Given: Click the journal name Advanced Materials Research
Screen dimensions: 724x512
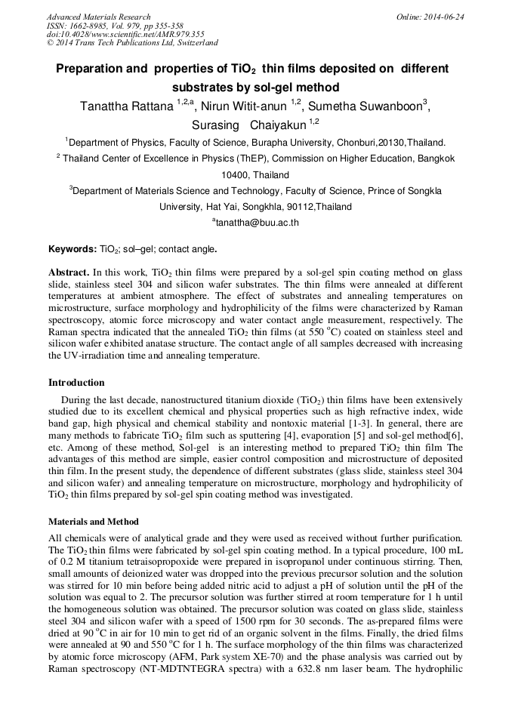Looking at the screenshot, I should [x=98, y=17].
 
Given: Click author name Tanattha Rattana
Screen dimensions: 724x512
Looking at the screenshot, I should [x=127, y=106].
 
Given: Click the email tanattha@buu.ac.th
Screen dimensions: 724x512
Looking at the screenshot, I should [x=258, y=223].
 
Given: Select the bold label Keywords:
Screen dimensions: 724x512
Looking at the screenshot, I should [x=72, y=248].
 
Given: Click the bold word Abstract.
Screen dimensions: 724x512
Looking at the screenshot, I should [x=69, y=271].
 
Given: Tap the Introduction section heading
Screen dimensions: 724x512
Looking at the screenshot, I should [x=76, y=383].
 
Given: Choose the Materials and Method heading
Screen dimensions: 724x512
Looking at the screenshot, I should [x=94, y=522].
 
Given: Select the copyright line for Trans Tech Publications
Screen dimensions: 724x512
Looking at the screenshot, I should [x=132, y=44].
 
